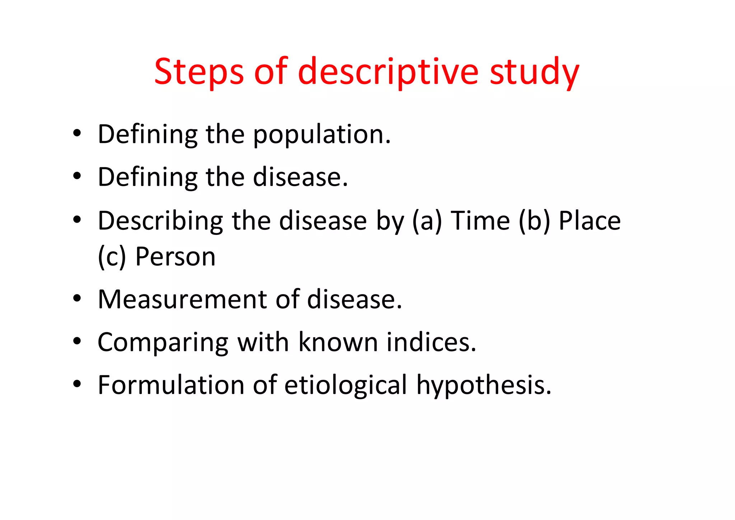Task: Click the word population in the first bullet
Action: (322, 135)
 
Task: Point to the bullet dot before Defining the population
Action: (77, 134)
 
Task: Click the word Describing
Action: (160, 221)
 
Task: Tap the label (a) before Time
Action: (427, 221)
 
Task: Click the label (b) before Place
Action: (534, 221)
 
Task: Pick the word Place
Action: (590, 221)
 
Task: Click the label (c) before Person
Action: (112, 257)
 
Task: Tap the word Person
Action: (175, 257)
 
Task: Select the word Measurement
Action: (182, 299)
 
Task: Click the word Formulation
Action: (171, 385)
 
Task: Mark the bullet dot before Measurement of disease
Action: (77, 299)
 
